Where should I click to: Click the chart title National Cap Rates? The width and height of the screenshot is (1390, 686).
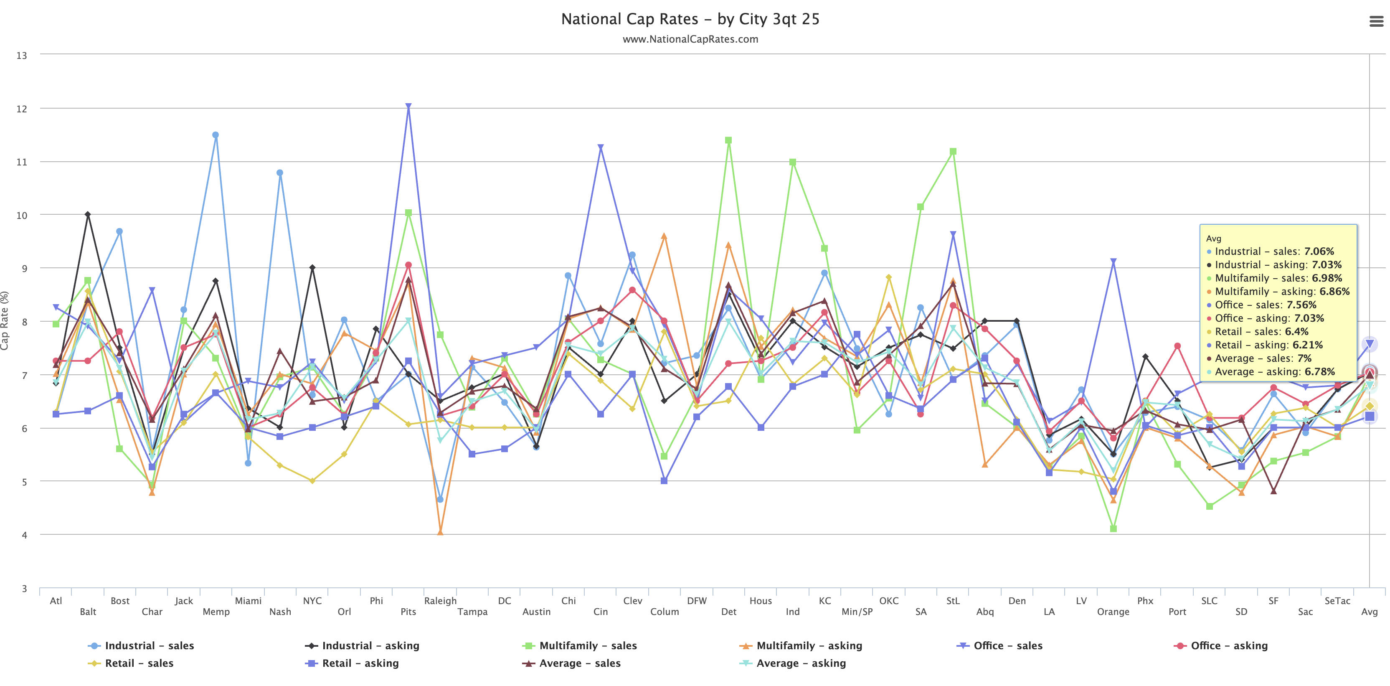click(x=690, y=20)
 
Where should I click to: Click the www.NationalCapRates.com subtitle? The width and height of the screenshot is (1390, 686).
click(x=690, y=39)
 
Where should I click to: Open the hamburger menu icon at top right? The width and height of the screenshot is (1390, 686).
click(x=1376, y=22)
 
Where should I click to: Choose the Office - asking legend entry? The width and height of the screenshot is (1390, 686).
click(x=1229, y=645)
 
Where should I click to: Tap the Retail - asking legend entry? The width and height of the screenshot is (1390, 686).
click(x=360, y=663)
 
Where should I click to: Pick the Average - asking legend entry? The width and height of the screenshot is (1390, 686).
click(x=801, y=663)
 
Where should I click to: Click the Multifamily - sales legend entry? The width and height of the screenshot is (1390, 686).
click(x=588, y=645)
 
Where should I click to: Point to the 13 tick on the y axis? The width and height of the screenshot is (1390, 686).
click(x=22, y=56)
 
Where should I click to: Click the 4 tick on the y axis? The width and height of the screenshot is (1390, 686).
click(x=24, y=535)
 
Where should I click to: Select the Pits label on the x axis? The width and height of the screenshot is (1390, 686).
click(x=408, y=612)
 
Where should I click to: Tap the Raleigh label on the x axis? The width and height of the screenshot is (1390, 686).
click(x=440, y=601)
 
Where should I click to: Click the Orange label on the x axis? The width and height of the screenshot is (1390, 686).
click(x=1113, y=612)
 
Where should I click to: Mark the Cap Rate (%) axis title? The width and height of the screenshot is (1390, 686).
click(x=5, y=320)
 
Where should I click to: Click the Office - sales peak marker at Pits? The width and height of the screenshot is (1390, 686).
click(x=408, y=107)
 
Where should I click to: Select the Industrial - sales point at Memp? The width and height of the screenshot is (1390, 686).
click(x=215, y=135)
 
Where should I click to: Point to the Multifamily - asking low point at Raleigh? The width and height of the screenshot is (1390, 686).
click(x=440, y=533)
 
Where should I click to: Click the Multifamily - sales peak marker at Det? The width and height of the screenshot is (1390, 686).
click(x=728, y=140)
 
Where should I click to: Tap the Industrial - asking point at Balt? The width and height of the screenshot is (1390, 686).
click(x=88, y=215)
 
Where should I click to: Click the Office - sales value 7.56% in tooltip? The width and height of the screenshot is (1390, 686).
click(x=1301, y=305)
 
